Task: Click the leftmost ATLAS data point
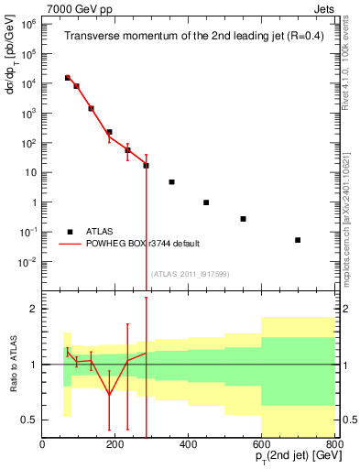coord(67,78)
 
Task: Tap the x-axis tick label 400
coord(189,445)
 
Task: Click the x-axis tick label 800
coord(333,445)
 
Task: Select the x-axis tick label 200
coord(115,445)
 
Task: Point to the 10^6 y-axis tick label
coord(27,25)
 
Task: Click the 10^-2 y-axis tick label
coord(27,262)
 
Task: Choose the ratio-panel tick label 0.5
coord(27,420)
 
